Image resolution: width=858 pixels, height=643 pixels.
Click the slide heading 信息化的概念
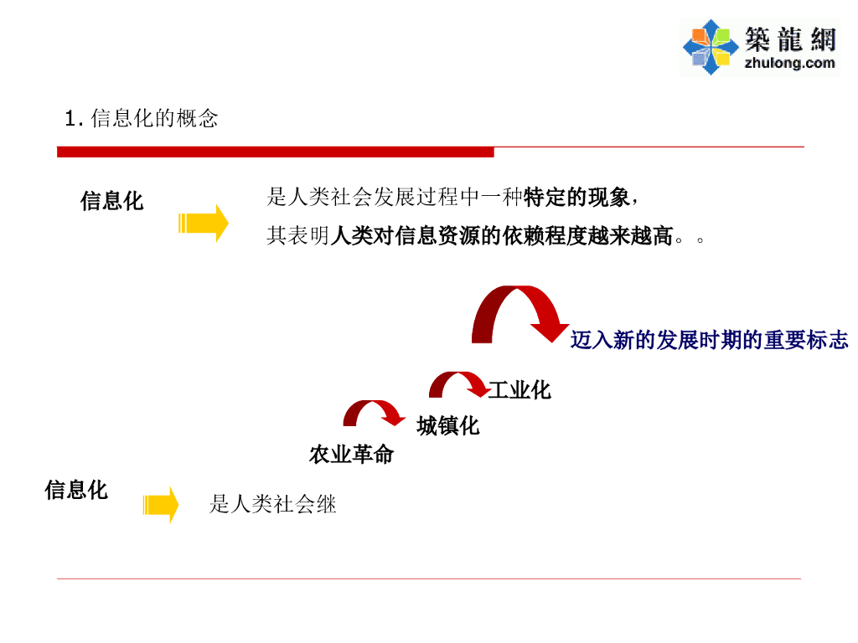pos(154,119)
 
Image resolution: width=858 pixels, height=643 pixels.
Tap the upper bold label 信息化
pos(111,201)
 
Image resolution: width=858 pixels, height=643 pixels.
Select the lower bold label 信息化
pos(76,490)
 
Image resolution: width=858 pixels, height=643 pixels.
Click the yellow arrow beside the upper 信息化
pos(204,224)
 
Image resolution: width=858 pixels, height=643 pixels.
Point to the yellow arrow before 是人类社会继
pos(161,505)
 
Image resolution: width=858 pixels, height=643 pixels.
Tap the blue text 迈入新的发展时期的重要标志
pos(709,340)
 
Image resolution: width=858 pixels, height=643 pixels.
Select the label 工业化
pos(519,390)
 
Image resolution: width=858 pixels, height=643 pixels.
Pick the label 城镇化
pos(448,426)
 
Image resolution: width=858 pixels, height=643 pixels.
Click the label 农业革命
pos(351,455)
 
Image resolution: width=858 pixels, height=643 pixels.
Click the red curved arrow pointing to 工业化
pos(457,385)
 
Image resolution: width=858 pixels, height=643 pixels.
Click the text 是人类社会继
pos(273,504)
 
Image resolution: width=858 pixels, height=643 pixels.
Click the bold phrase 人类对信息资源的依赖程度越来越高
pos(502,237)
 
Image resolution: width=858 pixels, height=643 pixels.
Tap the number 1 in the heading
pos(70,119)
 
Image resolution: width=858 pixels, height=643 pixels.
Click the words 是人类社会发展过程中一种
pos(395,198)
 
